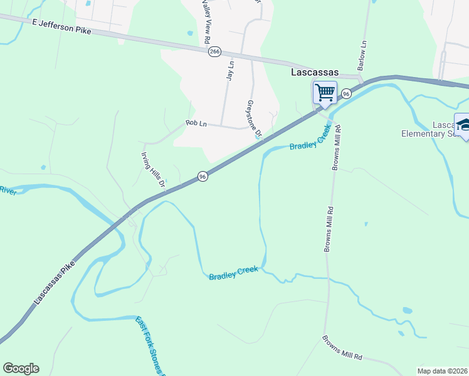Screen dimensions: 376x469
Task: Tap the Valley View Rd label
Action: tap(206, 23)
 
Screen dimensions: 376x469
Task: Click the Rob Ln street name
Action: tap(196, 124)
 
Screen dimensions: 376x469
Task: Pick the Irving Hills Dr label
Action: tap(152, 170)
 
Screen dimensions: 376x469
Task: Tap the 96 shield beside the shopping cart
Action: tap(346, 93)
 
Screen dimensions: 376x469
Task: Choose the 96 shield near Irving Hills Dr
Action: tap(202, 177)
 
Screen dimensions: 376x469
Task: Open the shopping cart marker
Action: tap(325, 93)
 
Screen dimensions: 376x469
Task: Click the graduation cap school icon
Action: tap(463, 124)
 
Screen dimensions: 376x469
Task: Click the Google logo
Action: tap(21, 368)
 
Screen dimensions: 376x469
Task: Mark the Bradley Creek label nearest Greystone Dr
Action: tap(310, 142)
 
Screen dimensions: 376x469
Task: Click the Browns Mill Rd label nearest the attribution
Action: tap(342, 348)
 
